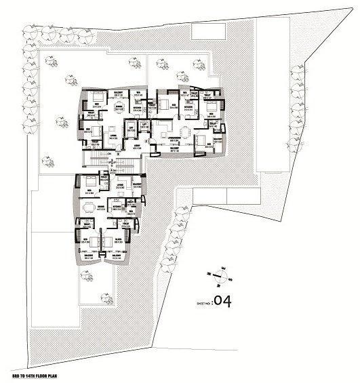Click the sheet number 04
pyautogui.click(x=223, y=302)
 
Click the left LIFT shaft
pyautogui.click(x=129, y=127)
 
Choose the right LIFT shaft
pyautogui.click(x=144, y=127)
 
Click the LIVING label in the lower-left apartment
pyautogui.click(x=119, y=184)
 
